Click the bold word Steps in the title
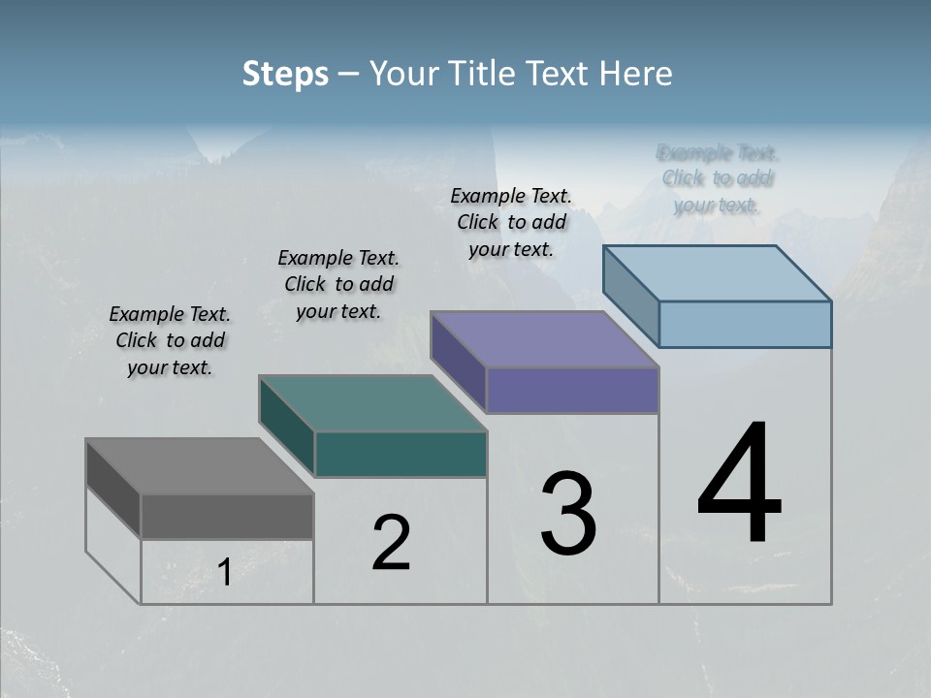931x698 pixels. [x=285, y=74]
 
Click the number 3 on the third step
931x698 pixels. [x=567, y=514]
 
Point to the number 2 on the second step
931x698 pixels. [x=391, y=543]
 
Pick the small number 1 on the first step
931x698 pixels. [x=224, y=573]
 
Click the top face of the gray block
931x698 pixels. [x=200, y=465]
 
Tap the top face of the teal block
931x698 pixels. [x=372, y=403]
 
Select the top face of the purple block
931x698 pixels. [x=544, y=339]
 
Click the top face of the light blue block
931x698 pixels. [x=717, y=273]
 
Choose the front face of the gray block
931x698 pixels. [x=227, y=516]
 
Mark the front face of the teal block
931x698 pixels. [x=401, y=454]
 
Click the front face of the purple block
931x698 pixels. [x=572, y=390]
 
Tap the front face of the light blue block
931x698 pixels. [x=745, y=324]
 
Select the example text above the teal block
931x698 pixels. [x=338, y=284]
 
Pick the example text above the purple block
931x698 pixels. [x=511, y=222]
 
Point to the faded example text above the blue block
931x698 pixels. [x=718, y=178]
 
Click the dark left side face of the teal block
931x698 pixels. [x=287, y=426]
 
